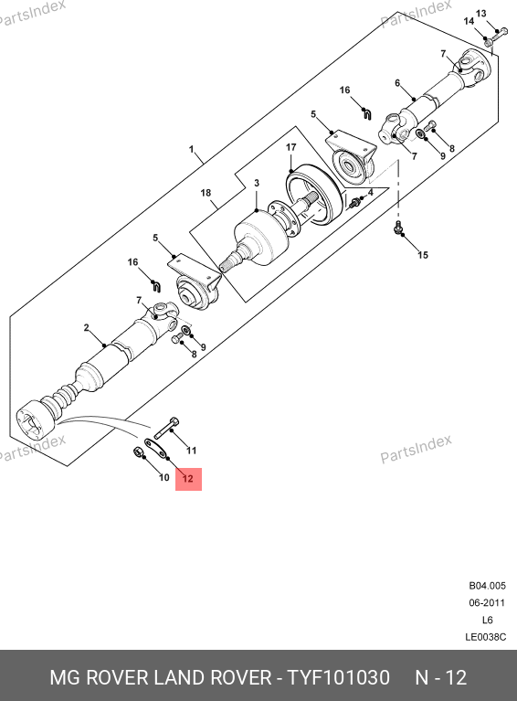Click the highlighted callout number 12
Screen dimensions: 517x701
pos(187,479)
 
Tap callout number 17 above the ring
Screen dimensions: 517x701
pos(290,147)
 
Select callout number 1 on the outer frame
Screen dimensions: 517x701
pos(191,149)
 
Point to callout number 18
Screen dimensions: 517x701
pos(206,193)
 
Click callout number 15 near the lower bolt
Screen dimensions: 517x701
pos(423,255)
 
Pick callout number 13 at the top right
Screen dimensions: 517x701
pos(480,14)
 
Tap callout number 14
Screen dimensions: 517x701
pos(469,21)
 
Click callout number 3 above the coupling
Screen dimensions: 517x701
pos(257,183)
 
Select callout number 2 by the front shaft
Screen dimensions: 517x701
pos(86,328)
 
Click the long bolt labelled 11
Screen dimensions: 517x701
pos(166,428)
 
